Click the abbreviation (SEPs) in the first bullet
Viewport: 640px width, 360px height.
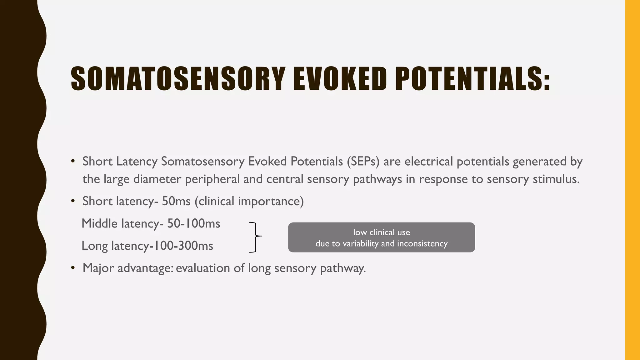[363, 162]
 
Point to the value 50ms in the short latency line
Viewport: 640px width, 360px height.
[176, 201]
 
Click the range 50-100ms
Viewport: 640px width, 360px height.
[194, 224]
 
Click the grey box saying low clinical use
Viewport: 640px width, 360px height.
[381, 237]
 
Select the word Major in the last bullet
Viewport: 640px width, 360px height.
[98, 268]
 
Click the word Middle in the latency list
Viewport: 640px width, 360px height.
[99, 224]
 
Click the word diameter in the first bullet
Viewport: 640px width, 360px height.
[157, 179]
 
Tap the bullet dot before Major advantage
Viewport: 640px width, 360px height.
[73, 268]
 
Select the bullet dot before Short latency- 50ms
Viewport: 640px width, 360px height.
[73, 201]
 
